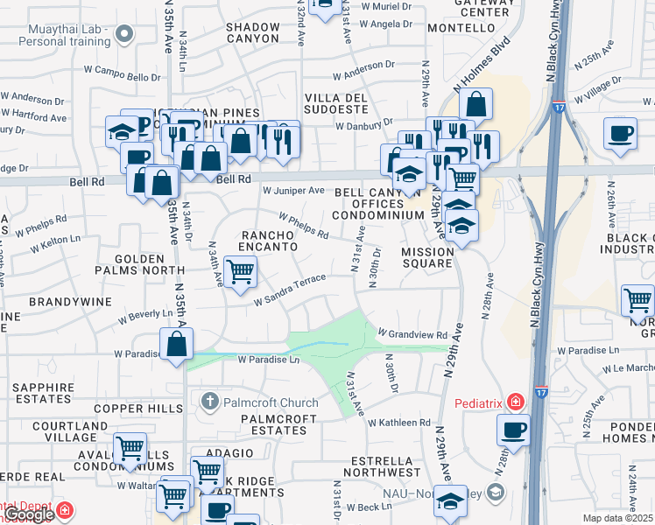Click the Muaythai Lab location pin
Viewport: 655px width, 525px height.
(x=124, y=34)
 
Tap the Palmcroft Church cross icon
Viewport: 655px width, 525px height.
(x=209, y=402)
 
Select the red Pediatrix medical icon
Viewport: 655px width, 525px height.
(x=516, y=402)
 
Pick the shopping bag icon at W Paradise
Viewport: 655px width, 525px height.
(x=177, y=344)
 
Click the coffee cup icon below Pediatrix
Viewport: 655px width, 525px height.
(x=513, y=430)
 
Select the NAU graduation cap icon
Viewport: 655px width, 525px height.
(x=450, y=501)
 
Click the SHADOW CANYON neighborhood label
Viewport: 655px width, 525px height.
(x=253, y=32)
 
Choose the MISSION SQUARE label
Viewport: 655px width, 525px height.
(x=428, y=258)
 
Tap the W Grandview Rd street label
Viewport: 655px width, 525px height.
(x=412, y=334)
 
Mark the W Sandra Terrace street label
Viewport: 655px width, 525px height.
(x=290, y=290)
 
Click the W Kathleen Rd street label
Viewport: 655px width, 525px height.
(x=399, y=423)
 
